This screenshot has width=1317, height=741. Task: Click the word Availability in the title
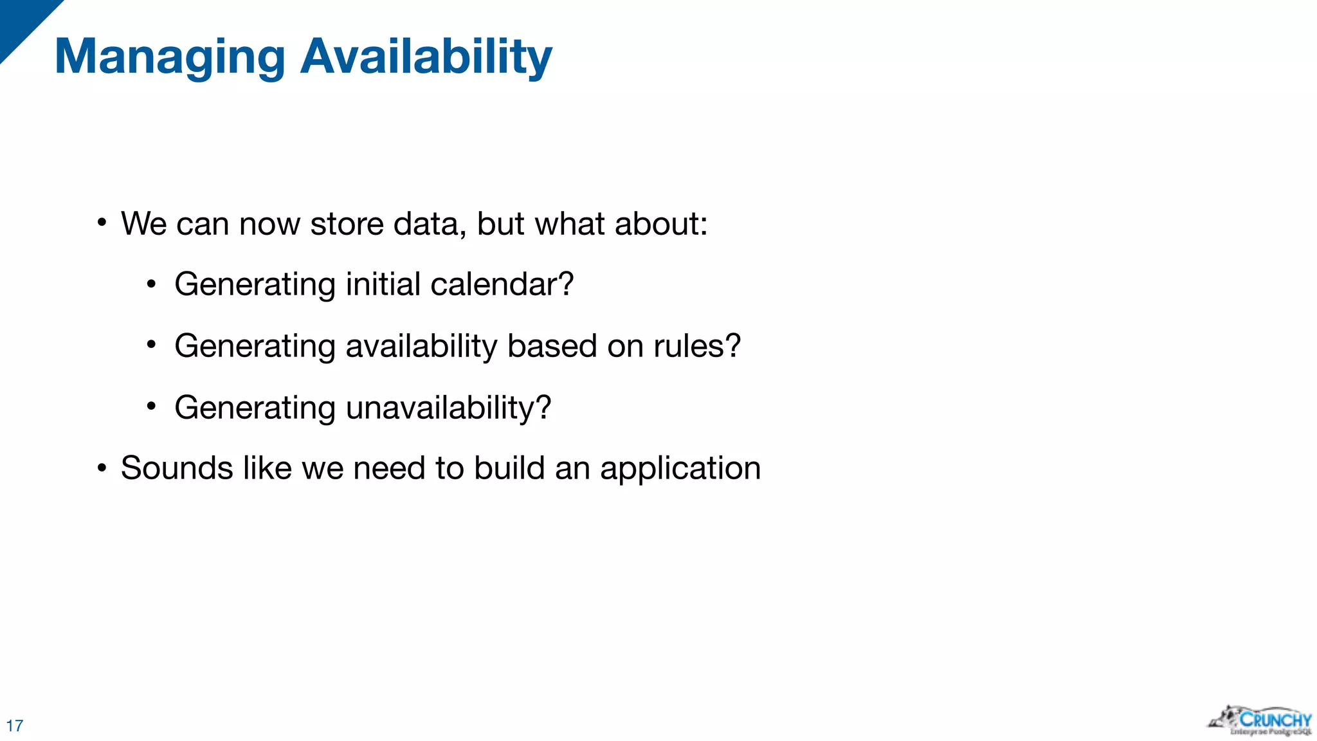(426, 57)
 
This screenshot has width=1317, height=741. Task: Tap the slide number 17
(15, 726)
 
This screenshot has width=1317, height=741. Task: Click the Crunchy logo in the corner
(1260, 720)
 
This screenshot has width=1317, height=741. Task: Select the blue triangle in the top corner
(23, 23)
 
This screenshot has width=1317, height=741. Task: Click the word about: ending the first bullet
(660, 224)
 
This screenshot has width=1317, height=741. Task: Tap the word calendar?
(502, 284)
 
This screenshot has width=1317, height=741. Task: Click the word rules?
(697, 346)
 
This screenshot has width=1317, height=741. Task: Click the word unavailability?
(448, 408)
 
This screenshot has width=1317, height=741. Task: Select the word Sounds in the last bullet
(177, 468)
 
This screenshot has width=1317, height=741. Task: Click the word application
(680, 469)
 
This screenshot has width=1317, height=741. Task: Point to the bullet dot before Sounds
(102, 468)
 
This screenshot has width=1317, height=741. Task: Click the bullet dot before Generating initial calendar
(151, 284)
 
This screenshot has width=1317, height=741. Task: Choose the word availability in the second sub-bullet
(421, 346)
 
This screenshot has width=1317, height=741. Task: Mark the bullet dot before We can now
(102, 223)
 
